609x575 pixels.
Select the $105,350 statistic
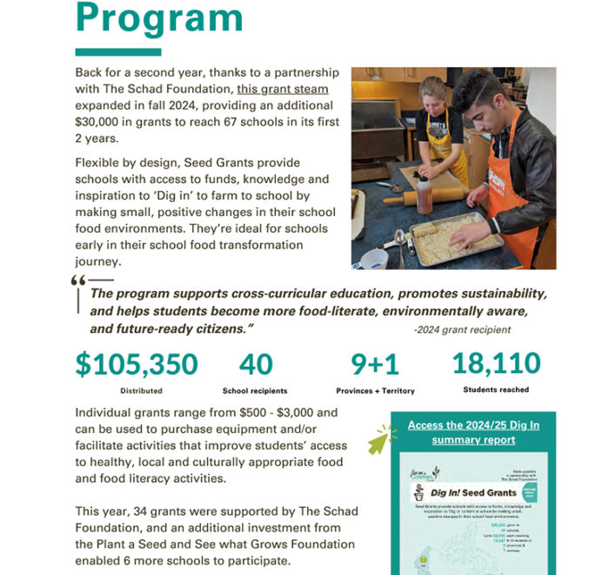137,363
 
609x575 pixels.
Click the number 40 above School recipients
255,363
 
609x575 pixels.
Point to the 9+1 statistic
376,363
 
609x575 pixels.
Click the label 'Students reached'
495,389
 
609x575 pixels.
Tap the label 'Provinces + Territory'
375,391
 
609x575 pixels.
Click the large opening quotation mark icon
78,282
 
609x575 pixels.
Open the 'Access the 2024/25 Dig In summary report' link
473,432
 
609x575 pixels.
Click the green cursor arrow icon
379,441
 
